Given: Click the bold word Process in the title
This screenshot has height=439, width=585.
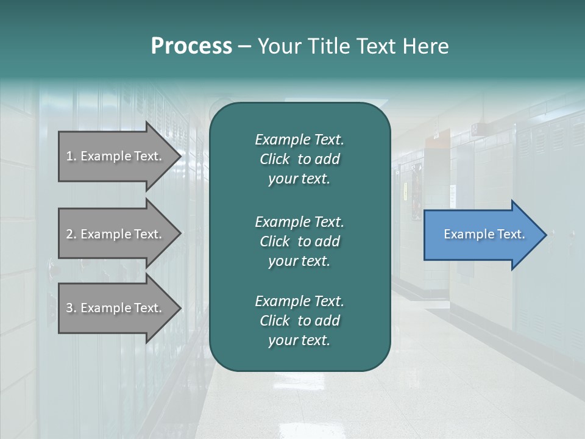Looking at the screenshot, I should (191, 46).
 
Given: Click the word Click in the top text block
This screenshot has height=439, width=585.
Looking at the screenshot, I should (275, 159).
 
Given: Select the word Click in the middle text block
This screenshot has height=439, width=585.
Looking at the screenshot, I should (275, 241).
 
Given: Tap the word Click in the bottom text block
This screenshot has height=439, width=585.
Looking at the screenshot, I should (275, 321).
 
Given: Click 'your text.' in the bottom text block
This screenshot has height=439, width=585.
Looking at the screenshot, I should (299, 340).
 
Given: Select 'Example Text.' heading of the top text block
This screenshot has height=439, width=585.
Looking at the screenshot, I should (299, 140).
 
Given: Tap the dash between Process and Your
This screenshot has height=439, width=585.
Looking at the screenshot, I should (244, 47).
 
